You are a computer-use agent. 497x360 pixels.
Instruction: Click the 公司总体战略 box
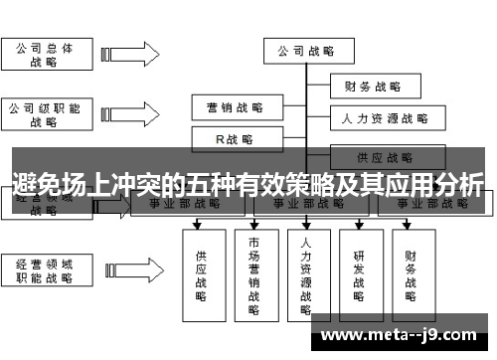tap(44, 54)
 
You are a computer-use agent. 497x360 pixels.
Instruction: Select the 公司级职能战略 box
tap(44, 114)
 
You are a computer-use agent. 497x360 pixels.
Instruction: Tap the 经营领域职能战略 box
tap(44, 271)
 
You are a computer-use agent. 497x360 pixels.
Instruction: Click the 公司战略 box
tap(305, 51)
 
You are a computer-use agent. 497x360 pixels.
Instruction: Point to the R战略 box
tap(234, 139)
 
